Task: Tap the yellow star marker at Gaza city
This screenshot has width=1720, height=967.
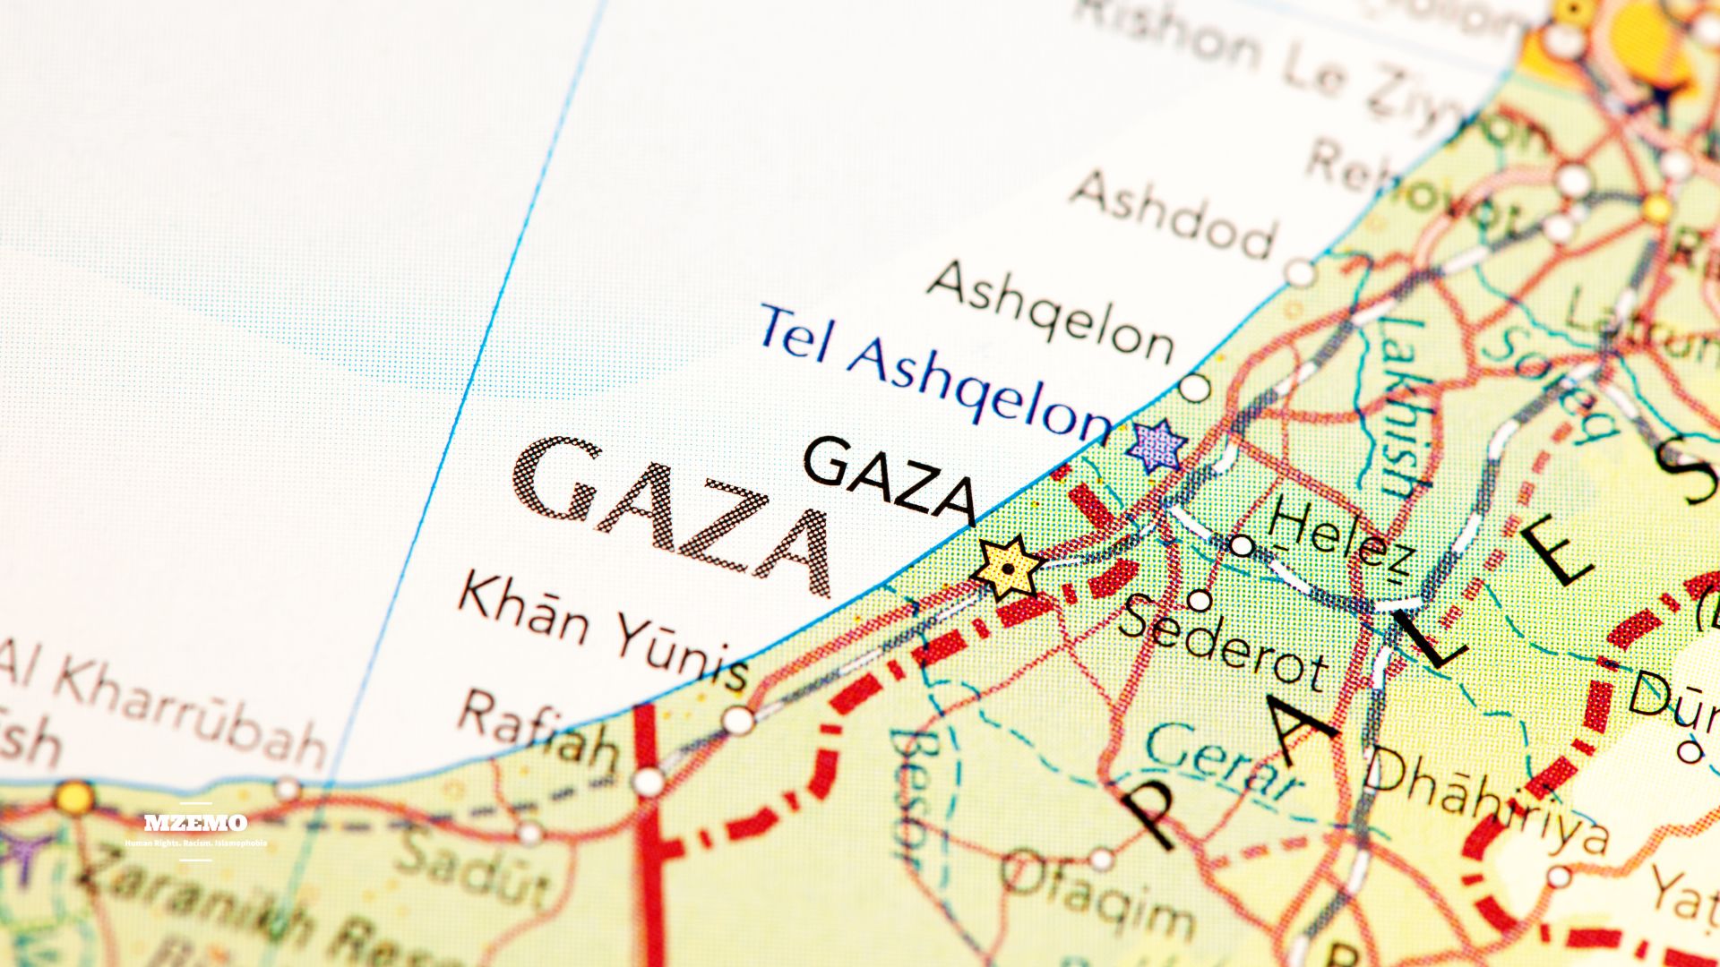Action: [1009, 568]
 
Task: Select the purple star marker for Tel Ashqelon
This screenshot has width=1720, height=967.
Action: [1157, 445]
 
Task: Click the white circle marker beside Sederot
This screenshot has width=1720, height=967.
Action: [1200, 600]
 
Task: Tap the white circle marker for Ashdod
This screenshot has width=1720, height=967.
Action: [1299, 271]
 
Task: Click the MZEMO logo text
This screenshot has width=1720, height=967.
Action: [195, 822]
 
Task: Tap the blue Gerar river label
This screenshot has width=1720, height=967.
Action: [1224, 761]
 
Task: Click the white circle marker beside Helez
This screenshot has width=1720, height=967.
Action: [1241, 544]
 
